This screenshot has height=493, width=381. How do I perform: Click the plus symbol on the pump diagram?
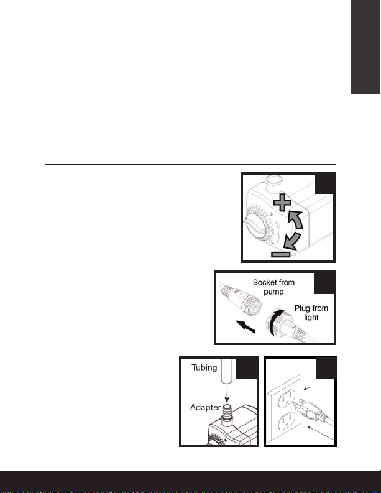[x=282, y=202]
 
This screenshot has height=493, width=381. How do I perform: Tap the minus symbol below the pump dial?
[x=281, y=254]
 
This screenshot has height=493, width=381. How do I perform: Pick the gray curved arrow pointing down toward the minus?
[x=291, y=241]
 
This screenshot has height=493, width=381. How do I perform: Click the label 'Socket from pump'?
[x=273, y=287]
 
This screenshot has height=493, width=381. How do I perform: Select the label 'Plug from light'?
[x=311, y=313]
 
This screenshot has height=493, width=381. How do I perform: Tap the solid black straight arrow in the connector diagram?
[x=246, y=326]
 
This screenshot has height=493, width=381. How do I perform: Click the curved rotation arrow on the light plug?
[x=274, y=322]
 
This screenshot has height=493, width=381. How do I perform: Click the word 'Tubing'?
[x=204, y=367]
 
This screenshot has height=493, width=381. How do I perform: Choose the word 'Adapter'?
[x=205, y=407]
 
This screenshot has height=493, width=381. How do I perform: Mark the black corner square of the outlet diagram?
[x=326, y=368]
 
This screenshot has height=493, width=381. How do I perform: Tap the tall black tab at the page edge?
[x=365, y=47]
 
